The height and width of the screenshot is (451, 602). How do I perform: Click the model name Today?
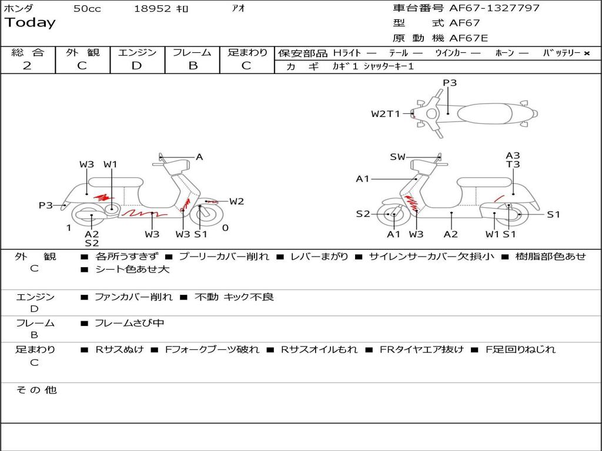click(30, 22)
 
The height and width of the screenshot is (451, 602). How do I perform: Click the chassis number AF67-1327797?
click(494, 8)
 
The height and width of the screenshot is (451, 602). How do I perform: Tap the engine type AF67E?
click(469, 38)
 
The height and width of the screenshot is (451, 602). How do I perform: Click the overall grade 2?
click(27, 66)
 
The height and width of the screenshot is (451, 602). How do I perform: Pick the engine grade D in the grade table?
click(136, 66)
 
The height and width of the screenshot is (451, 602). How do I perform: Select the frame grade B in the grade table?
click(193, 66)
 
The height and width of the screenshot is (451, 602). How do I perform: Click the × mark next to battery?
click(587, 53)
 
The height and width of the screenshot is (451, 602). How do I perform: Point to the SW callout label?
click(397, 157)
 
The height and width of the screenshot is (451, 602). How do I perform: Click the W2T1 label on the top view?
click(386, 114)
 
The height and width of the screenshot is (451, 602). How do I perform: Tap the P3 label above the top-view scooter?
click(450, 83)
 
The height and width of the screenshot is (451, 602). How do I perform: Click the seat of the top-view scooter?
click(484, 113)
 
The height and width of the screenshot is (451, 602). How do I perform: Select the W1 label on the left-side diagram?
click(110, 164)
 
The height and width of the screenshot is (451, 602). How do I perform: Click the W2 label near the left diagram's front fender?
click(236, 201)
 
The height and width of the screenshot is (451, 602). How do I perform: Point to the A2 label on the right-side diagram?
click(451, 234)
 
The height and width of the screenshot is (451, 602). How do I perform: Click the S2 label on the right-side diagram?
click(363, 214)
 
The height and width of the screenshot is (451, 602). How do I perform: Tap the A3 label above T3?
click(513, 155)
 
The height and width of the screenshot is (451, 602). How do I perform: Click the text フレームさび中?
click(129, 324)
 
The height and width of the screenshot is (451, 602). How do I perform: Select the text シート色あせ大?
click(132, 269)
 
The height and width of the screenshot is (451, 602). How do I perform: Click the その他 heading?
click(36, 390)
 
